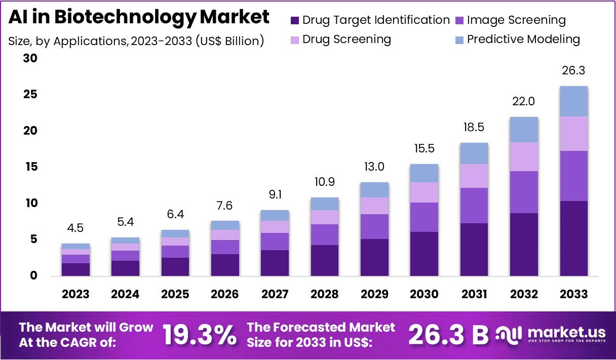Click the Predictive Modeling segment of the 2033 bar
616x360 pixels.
(x=573, y=101)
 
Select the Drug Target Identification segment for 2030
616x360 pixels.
(x=424, y=254)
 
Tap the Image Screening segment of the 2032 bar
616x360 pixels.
(x=524, y=192)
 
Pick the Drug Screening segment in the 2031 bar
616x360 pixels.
(x=474, y=176)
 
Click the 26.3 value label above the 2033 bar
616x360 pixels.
(x=573, y=70)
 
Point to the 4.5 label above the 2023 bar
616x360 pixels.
(x=75, y=228)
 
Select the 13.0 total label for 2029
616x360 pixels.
(x=374, y=167)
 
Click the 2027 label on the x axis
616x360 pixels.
(x=275, y=294)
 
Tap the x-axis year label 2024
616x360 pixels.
(x=125, y=294)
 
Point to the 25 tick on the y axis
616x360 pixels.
(x=30, y=94)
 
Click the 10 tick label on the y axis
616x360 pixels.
(x=31, y=203)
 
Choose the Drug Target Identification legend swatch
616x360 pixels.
(x=295, y=21)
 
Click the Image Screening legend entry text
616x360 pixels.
(x=516, y=20)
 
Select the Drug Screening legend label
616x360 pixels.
(x=347, y=39)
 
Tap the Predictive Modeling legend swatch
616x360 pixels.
(x=459, y=40)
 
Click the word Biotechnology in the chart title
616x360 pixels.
(x=125, y=17)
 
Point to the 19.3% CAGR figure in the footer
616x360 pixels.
(x=200, y=335)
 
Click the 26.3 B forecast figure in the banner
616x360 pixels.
(x=448, y=335)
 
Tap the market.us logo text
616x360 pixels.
(x=566, y=333)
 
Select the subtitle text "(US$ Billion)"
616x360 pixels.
(x=230, y=41)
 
